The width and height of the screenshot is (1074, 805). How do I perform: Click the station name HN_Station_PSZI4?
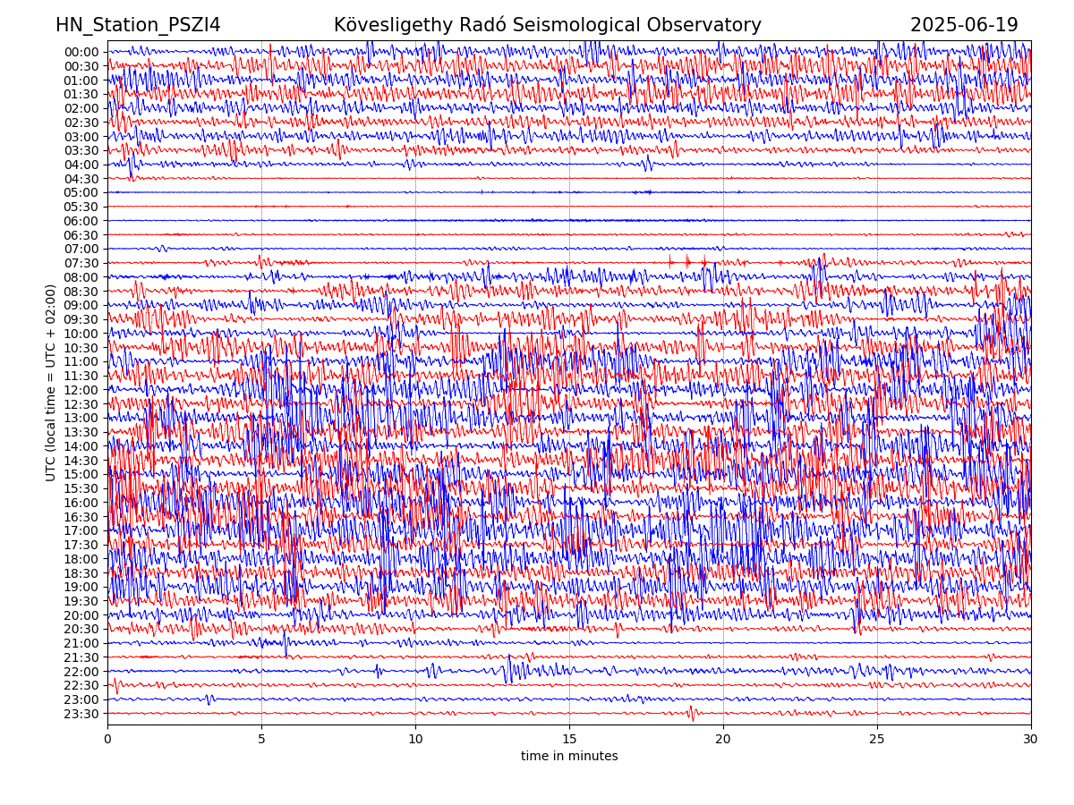pyautogui.click(x=138, y=26)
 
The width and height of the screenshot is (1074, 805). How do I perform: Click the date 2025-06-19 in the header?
pyautogui.click(x=964, y=26)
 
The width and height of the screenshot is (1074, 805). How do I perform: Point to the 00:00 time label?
pyautogui.click(x=81, y=52)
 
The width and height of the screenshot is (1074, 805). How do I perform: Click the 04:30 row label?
pyautogui.click(x=81, y=179)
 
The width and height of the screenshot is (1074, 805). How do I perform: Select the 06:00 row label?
pyautogui.click(x=81, y=221)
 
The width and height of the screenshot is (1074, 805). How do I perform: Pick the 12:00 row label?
pyautogui.click(x=81, y=390)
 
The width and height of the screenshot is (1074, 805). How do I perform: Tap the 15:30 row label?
pyautogui.click(x=81, y=488)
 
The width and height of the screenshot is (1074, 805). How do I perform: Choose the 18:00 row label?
pyautogui.click(x=81, y=559)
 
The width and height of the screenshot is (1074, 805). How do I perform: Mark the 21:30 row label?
pyautogui.click(x=81, y=657)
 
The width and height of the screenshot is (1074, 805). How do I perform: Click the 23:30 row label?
pyautogui.click(x=81, y=714)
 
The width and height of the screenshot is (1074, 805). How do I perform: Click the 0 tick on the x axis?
pyautogui.click(x=107, y=739)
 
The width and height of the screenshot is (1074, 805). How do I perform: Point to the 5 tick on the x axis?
pyautogui.click(x=261, y=739)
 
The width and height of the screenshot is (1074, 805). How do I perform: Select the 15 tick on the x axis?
pyautogui.click(x=569, y=739)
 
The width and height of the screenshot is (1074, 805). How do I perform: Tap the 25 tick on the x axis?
pyautogui.click(x=877, y=739)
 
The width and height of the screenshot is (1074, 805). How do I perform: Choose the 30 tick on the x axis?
pyautogui.click(x=1031, y=739)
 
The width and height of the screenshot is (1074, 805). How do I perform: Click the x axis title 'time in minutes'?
pyautogui.click(x=569, y=757)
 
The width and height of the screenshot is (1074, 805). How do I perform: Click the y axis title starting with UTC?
pyautogui.click(x=52, y=383)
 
